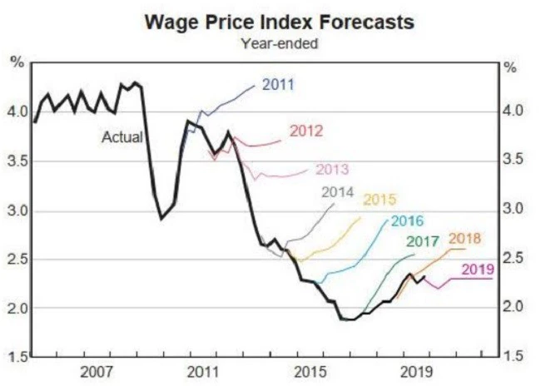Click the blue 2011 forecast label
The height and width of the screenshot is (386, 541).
tap(278, 84)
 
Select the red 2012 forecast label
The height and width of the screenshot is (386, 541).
tap(305, 131)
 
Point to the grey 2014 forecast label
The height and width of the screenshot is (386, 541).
tap(338, 191)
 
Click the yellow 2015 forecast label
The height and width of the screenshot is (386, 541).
tap(380, 200)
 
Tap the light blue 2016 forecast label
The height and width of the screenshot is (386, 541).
tap(407, 221)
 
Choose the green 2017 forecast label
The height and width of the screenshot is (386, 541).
tap(422, 241)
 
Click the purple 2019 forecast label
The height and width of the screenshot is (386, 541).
tap(479, 269)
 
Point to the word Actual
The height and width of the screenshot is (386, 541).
tap(122, 136)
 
